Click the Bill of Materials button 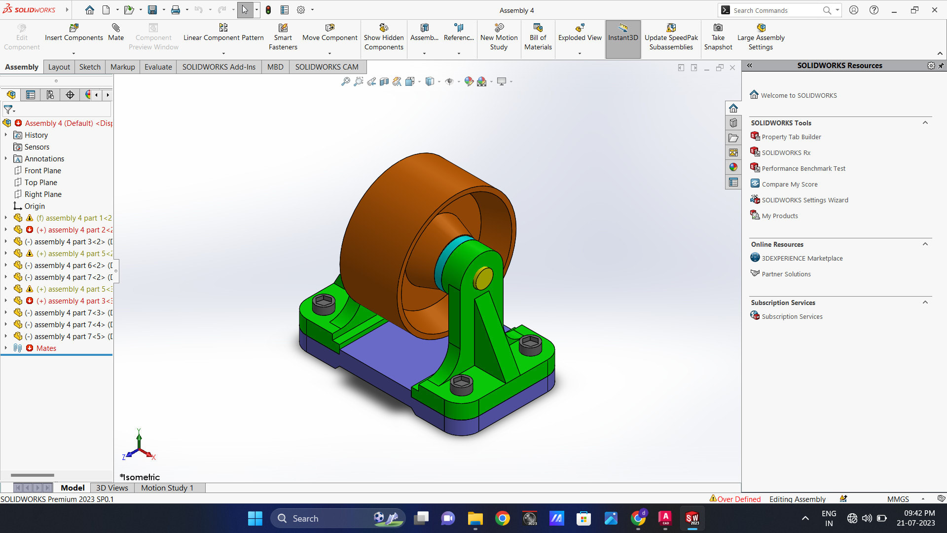point(538,37)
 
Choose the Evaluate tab point(158,67)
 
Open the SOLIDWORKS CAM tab point(327,67)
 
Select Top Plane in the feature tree point(41,183)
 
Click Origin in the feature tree point(35,206)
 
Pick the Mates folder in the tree point(46,348)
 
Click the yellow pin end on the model point(483,278)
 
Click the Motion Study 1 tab point(167,488)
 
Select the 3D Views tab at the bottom point(112,488)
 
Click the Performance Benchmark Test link point(803,169)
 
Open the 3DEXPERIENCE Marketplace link point(802,259)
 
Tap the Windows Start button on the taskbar point(255,518)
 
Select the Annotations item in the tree point(44,159)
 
